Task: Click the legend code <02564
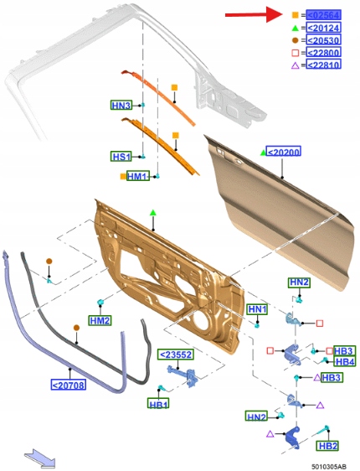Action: click(x=323, y=15)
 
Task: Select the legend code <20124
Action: click(x=323, y=28)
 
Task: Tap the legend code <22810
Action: click(x=323, y=65)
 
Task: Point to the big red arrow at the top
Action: click(x=254, y=14)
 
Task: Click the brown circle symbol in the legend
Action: click(x=296, y=40)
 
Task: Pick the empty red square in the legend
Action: click(x=296, y=53)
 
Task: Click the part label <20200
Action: click(x=284, y=152)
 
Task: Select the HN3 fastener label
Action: click(x=121, y=106)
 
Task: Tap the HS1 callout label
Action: click(x=121, y=157)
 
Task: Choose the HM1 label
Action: click(x=138, y=176)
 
